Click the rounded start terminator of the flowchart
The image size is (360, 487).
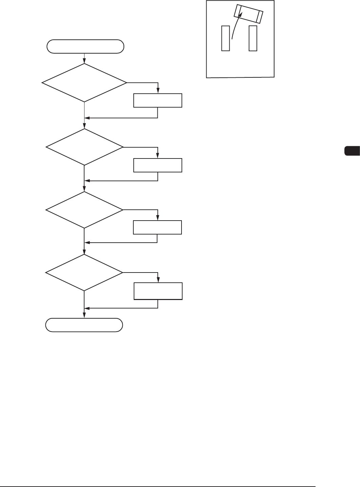coord(85,46)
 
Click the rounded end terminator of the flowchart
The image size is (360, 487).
coord(84,325)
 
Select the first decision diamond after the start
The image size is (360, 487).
coord(84,82)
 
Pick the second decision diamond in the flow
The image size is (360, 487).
coord(84,147)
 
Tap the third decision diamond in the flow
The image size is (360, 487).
coord(84,210)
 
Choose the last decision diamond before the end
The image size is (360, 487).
coord(84,273)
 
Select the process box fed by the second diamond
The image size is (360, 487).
coord(158,165)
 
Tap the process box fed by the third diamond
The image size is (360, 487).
coord(157,227)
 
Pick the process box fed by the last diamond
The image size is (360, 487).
coord(158,291)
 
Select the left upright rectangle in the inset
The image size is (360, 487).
coord(226,38)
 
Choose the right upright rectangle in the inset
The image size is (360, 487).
coord(253,38)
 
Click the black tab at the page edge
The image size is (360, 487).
coord(352,151)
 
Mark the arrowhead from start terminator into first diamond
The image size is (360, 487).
coord(84,61)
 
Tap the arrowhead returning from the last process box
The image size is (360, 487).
coord(87,308)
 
